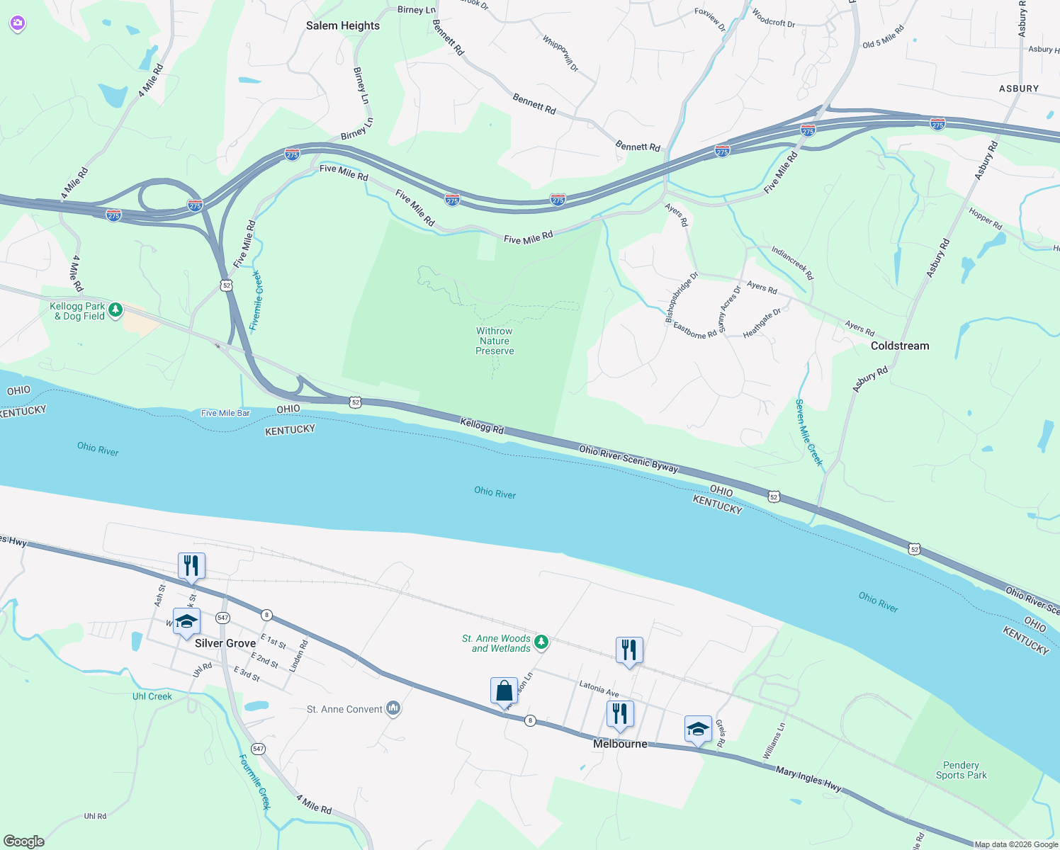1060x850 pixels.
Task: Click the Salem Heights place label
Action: (x=343, y=25)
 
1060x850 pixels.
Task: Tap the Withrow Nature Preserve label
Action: (x=495, y=341)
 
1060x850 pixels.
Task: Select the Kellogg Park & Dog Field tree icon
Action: (x=115, y=310)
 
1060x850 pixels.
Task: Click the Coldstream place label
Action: (x=899, y=346)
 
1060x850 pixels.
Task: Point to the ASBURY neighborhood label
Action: (x=1018, y=89)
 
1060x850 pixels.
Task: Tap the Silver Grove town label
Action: (x=225, y=643)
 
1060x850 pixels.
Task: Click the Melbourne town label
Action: (x=620, y=744)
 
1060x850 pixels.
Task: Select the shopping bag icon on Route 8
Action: (x=504, y=691)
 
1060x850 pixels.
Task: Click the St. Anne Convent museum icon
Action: (x=393, y=708)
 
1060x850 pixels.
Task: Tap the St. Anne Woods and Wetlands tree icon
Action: (x=541, y=642)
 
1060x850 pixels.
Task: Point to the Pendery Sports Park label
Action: (x=961, y=770)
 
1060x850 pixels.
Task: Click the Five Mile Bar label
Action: (x=225, y=413)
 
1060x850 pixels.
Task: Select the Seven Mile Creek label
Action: (x=809, y=432)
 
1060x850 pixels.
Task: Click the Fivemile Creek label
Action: (x=257, y=301)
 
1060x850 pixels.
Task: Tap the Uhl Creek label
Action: (x=152, y=696)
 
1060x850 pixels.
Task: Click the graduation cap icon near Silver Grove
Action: (x=186, y=622)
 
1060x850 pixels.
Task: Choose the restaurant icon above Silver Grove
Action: (x=191, y=566)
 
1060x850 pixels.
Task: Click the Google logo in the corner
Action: (x=24, y=841)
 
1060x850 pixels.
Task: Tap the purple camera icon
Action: (x=18, y=23)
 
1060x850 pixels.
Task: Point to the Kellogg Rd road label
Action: (x=482, y=426)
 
